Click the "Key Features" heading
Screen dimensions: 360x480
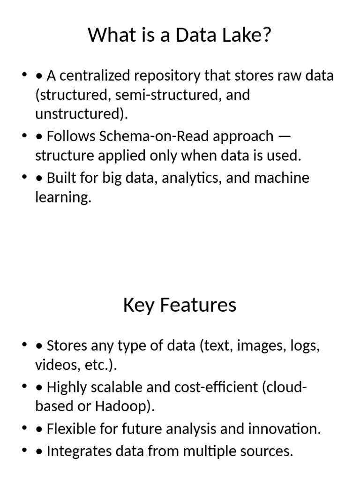(180, 305)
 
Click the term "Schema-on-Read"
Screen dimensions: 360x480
(153, 136)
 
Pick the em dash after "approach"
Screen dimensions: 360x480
(284, 136)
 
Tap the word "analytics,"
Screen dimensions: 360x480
(192, 179)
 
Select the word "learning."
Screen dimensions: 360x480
(62, 198)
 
